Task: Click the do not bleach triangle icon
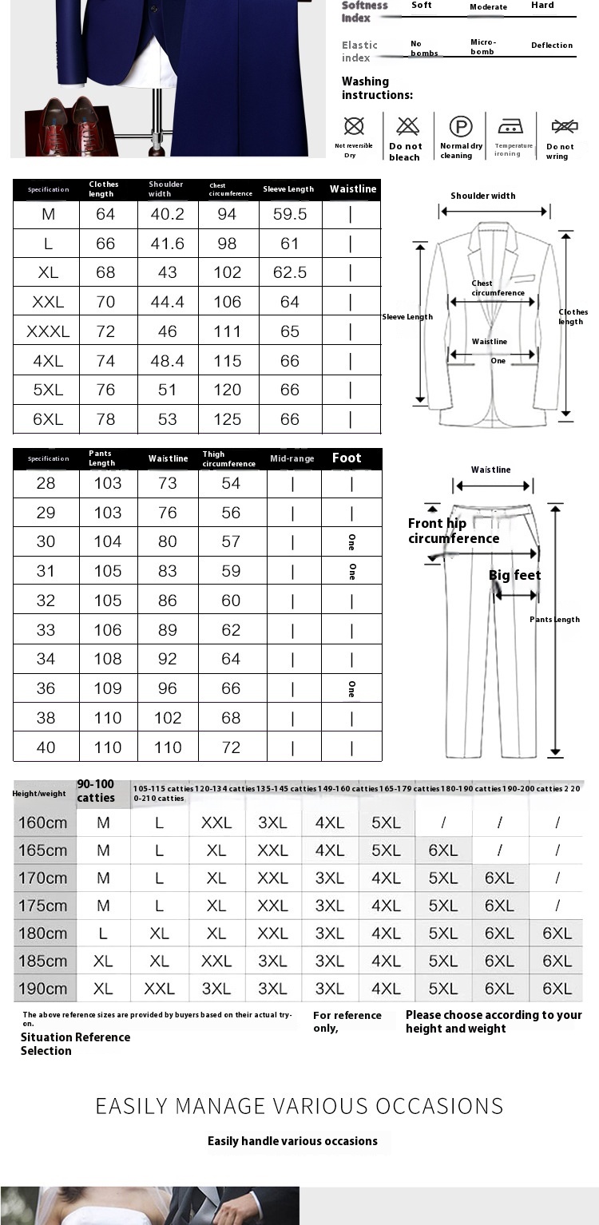pyautogui.click(x=407, y=126)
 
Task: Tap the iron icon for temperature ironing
pyautogui.click(x=510, y=126)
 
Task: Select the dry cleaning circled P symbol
pyautogui.click(x=461, y=126)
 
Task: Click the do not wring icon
pyautogui.click(x=564, y=126)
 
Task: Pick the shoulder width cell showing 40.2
pyautogui.click(x=167, y=214)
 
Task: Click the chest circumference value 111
pyautogui.click(x=228, y=331)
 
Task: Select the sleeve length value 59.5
pyautogui.click(x=289, y=214)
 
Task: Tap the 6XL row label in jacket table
pyautogui.click(x=48, y=419)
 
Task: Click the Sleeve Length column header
pyautogui.click(x=288, y=189)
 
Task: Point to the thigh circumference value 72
pyautogui.click(x=231, y=747)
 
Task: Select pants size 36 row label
pyautogui.click(x=46, y=688)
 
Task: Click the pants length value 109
pyautogui.click(x=108, y=688)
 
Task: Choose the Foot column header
pyautogui.click(x=347, y=458)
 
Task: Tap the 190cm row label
pyautogui.click(x=43, y=989)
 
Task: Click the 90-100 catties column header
pyautogui.click(x=96, y=791)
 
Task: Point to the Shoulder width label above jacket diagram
pyautogui.click(x=482, y=196)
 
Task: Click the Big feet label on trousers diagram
pyautogui.click(x=514, y=575)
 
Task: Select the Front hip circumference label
pyautogui.click(x=453, y=531)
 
